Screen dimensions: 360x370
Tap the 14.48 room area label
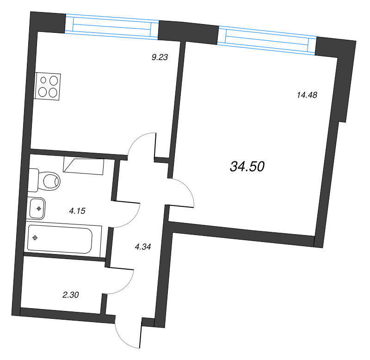click(306, 95)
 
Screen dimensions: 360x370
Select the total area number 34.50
click(247, 167)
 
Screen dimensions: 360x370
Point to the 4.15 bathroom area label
click(77, 211)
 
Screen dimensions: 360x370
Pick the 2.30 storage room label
click(71, 294)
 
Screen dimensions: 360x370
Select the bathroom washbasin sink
click(37, 209)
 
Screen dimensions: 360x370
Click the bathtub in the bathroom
click(60, 240)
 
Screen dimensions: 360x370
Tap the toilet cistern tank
click(33, 180)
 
